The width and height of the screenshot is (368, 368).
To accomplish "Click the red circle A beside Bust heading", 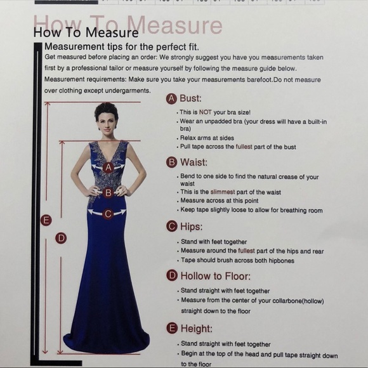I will click(x=171, y=98).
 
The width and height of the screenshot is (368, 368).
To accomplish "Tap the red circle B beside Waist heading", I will click(x=171, y=162).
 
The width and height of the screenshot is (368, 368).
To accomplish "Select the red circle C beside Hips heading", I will click(x=171, y=227).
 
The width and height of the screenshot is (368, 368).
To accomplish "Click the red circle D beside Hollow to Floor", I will click(x=171, y=275).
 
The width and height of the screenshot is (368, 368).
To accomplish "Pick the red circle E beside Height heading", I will click(x=171, y=328).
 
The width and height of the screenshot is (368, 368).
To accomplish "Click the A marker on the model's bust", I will click(x=108, y=168).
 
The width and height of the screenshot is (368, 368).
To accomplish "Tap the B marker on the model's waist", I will click(x=108, y=192).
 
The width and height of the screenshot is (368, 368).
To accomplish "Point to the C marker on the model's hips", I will click(x=108, y=214).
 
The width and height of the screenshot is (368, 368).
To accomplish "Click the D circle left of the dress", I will click(x=61, y=238).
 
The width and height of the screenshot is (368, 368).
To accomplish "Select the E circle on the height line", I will click(x=46, y=220).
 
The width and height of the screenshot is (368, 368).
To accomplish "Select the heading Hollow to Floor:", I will click(x=215, y=275).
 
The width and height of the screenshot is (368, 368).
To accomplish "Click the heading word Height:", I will click(x=196, y=329).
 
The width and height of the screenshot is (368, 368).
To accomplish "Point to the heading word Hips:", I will click(x=191, y=227).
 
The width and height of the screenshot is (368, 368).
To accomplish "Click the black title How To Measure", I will click(x=85, y=32).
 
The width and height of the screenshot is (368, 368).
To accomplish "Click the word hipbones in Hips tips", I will click(x=279, y=260).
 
